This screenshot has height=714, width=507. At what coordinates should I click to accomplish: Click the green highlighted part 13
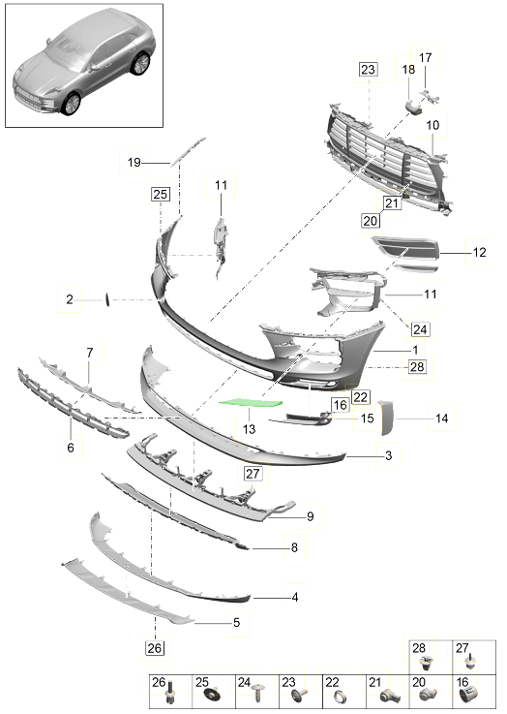(250, 403)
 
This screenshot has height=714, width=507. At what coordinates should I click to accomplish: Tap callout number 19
(134, 162)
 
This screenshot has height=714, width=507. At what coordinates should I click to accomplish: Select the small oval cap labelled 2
(107, 300)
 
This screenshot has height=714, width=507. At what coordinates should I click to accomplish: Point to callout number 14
(441, 418)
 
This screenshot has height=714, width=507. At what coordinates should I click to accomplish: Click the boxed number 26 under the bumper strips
(155, 647)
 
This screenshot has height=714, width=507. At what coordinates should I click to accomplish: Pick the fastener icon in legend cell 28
(426, 664)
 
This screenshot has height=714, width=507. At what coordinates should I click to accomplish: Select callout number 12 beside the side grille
(479, 252)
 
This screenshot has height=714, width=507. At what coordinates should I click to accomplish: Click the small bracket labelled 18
(413, 108)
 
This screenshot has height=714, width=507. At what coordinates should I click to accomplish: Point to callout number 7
(90, 353)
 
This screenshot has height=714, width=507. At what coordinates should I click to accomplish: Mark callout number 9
(311, 516)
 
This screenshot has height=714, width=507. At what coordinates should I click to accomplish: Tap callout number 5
(236, 622)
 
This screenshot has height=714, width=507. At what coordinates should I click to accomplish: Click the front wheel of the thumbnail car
(72, 105)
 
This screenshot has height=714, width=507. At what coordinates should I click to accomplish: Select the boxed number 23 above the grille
(368, 69)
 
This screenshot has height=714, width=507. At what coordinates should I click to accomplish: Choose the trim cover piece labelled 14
(387, 418)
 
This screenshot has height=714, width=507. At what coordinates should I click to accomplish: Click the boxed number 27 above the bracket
(253, 474)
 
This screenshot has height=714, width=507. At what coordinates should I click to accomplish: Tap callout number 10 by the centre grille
(432, 125)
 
